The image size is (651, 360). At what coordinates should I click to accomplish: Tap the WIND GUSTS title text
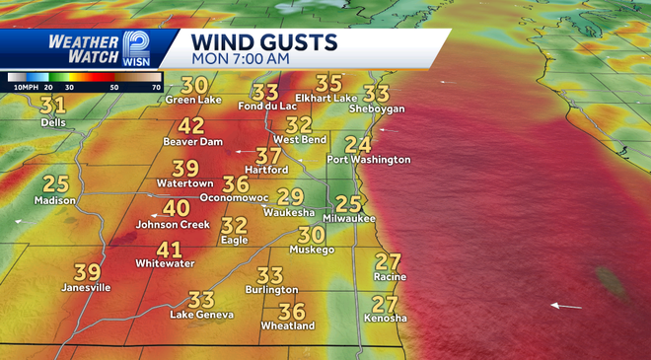(x=264, y=42)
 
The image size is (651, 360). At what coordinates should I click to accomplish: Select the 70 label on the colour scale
(x=156, y=87)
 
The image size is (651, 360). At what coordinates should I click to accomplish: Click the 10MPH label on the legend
(x=25, y=87)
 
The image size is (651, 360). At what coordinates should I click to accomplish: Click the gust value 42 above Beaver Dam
(x=190, y=126)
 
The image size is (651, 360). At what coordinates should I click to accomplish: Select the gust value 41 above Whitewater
(x=170, y=250)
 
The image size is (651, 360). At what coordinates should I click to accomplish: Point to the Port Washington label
(x=369, y=160)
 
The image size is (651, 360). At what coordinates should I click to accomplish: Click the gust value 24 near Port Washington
(x=358, y=145)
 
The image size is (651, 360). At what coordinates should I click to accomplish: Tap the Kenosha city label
(x=385, y=319)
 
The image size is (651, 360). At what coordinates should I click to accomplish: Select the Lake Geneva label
(x=201, y=315)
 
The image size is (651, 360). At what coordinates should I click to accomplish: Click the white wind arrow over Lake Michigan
(x=565, y=306)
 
